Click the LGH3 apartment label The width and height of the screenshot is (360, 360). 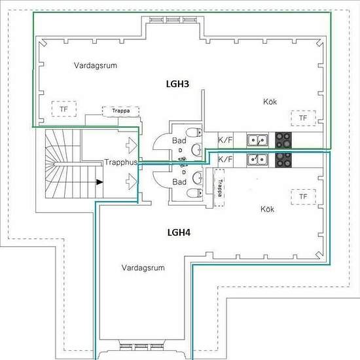177,84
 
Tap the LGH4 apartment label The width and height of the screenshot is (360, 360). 179,232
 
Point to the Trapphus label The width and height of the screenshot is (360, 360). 121,162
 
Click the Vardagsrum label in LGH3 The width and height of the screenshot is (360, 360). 96,65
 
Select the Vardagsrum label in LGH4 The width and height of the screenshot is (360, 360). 143,268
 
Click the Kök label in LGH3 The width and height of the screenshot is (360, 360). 270,101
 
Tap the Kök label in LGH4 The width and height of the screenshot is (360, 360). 267,209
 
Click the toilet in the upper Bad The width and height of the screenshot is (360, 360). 194,133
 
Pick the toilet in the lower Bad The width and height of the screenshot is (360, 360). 194,193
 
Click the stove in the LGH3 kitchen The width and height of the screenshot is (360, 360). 283,140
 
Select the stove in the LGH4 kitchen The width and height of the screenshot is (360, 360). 283,160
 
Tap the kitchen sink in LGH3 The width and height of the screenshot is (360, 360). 257,140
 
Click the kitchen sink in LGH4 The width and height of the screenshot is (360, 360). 257,160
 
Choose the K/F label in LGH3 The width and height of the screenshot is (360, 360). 225,140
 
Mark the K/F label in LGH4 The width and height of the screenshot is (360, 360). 225,159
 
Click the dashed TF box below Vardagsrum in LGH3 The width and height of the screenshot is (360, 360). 64,109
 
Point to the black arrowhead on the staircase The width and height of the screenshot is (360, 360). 99,182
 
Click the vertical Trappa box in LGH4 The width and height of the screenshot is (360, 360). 219,188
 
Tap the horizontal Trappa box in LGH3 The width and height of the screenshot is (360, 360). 121,111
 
